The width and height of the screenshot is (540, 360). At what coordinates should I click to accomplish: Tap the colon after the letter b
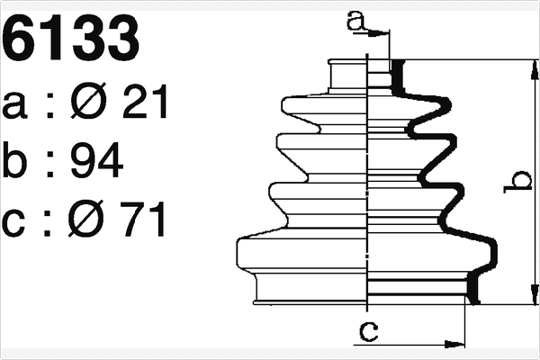[49, 163]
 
